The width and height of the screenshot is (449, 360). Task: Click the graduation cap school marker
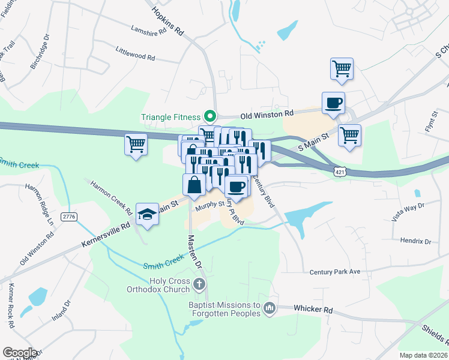pos(147,215)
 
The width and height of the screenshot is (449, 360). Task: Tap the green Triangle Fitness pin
pos(209,116)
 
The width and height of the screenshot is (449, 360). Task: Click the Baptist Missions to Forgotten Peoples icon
pos(270,308)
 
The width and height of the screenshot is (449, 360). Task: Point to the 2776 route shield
pos(70,216)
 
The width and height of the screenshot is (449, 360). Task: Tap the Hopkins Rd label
pos(167,20)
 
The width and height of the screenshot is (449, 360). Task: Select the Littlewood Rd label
pos(135,55)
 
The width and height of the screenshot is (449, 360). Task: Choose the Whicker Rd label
pos(313,308)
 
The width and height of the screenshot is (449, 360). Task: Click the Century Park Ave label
pos(334,272)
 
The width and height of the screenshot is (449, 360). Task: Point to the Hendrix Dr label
pos(415,241)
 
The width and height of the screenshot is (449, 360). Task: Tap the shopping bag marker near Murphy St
pos(194,185)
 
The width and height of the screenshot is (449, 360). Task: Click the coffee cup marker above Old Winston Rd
pos(333,103)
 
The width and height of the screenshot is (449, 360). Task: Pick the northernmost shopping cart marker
pos(342,68)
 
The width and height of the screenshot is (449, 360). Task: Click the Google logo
pos(19,353)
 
